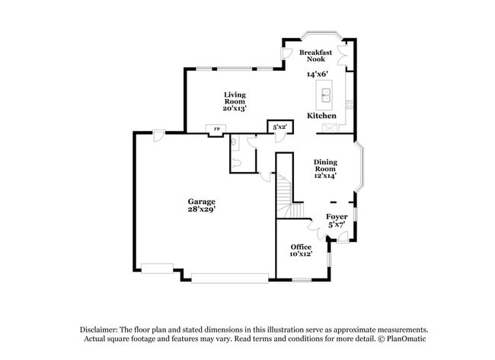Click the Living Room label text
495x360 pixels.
[x=234, y=97]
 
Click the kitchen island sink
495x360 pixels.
[x=324, y=95]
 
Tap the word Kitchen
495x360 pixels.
[x=321, y=116]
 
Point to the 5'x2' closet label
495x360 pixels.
[x=279, y=128]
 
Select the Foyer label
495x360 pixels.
[x=337, y=217]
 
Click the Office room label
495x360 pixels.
[x=301, y=247]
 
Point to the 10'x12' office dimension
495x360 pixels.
[x=301, y=254]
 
